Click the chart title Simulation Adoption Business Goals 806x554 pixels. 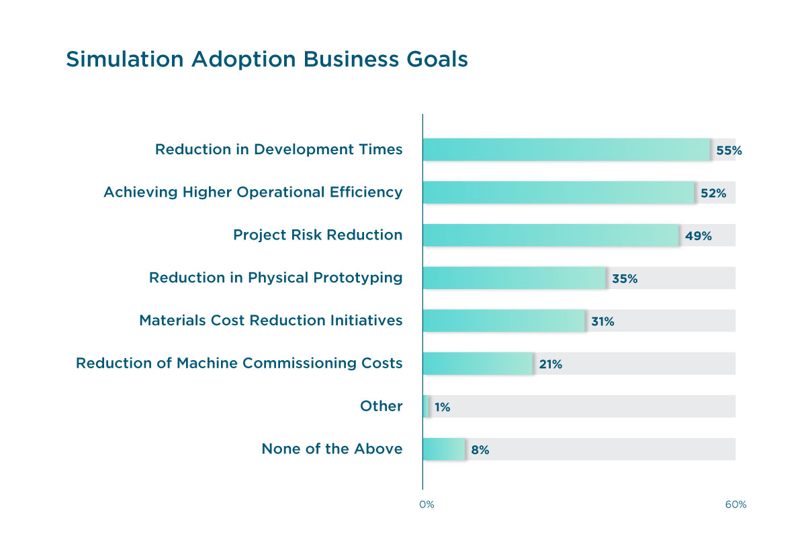point(267,60)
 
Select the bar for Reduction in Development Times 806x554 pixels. point(566,150)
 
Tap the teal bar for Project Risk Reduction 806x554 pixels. point(551,235)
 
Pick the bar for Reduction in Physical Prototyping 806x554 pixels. point(514,278)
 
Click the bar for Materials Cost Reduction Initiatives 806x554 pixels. point(504,321)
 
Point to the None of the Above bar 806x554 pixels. point(443,449)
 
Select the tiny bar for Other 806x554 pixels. point(425,406)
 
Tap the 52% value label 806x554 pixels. point(713,193)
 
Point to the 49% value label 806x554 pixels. point(698,236)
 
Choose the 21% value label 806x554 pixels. point(550,365)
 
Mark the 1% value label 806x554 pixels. point(443,407)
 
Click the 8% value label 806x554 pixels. point(480,450)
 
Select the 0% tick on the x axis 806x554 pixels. point(427,504)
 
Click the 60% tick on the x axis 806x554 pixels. point(735,504)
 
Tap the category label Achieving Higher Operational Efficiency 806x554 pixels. point(253,192)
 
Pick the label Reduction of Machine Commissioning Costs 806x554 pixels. point(239,364)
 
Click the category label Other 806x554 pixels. point(381,406)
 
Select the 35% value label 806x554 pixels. point(625,279)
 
